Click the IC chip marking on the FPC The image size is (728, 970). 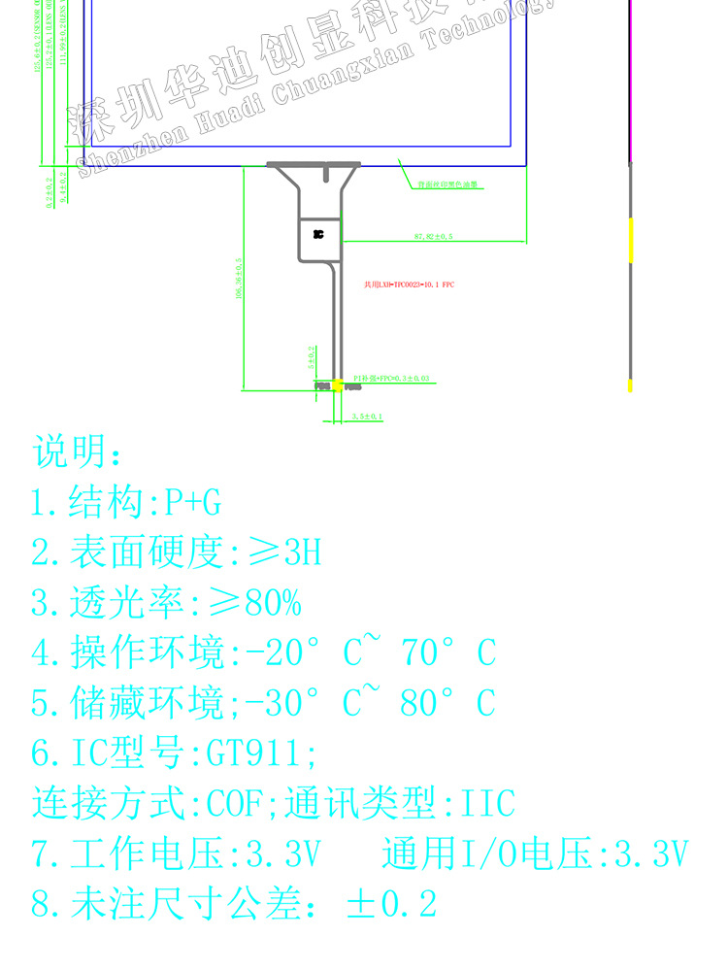click(318, 234)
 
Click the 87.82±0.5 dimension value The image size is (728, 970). click(434, 236)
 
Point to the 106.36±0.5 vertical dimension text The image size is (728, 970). click(239, 280)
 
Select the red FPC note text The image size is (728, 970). click(409, 284)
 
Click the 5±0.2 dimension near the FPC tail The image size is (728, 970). click(312, 357)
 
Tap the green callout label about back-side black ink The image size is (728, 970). click(448, 184)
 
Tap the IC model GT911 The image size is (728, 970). click(256, 753)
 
